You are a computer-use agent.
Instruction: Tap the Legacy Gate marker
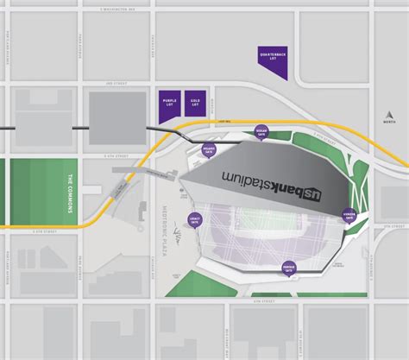tap(194, 221)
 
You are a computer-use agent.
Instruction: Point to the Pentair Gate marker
tap(289, 269)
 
